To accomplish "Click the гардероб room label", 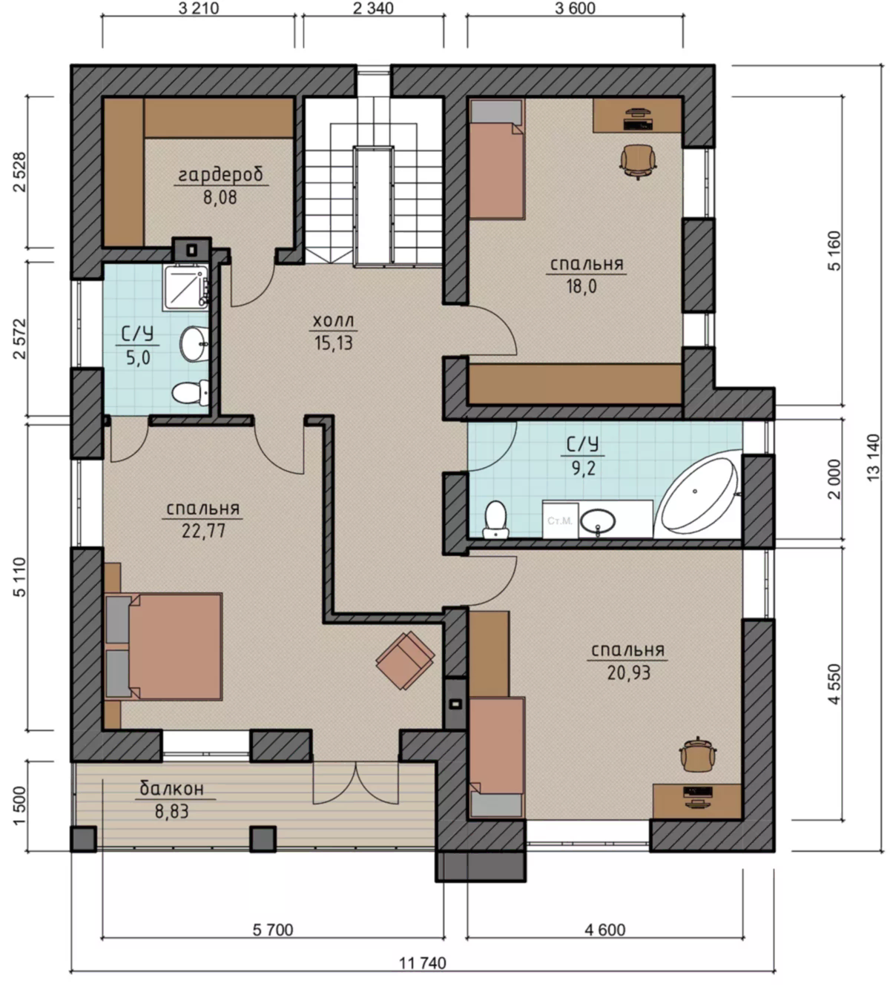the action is [220, 174].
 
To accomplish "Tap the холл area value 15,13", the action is [334, 343].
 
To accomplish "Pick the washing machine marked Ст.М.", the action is [560, 520].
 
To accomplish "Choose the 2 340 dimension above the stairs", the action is [374, 8].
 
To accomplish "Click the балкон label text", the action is [171, 789].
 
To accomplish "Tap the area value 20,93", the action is [628, 672].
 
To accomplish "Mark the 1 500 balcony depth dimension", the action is [19, 806].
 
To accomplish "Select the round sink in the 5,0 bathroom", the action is [193, 343].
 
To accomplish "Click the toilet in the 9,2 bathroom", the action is [495, 519].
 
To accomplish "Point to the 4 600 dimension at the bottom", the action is [605, 930].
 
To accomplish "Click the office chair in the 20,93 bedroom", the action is [698, 753].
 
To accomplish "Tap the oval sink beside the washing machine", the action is [598, 522].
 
